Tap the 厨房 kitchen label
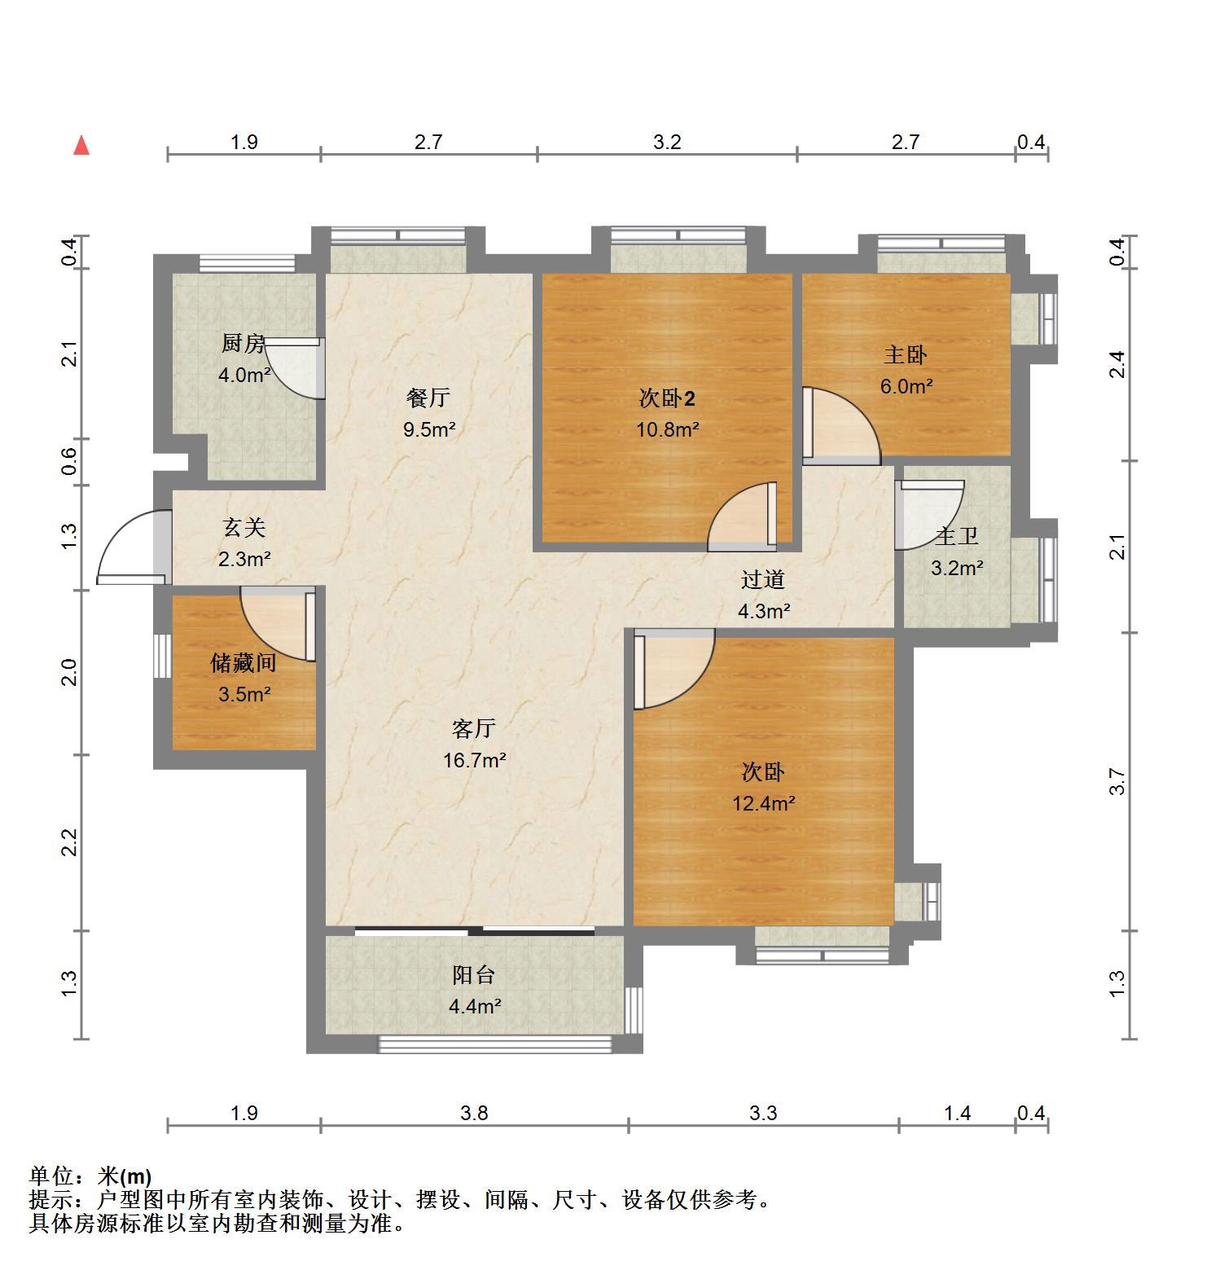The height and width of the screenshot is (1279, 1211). point(244,344)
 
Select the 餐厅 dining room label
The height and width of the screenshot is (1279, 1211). point(428,398)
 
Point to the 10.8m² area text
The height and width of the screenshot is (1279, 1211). point(668,429)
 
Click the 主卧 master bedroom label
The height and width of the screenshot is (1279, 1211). point(906,355)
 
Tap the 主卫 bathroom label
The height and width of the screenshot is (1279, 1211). point(956,537)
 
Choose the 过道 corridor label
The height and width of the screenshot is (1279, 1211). point(763,580)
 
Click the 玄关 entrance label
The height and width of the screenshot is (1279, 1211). point(244,528)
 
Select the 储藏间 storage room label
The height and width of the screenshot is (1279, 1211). point(244,663)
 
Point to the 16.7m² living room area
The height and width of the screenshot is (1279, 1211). point(475,761)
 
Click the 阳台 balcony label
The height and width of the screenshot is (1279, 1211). point(474,975)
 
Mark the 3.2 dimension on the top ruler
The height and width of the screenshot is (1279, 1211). point(667,143)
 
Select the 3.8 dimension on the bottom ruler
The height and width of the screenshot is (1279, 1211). point(474,1113)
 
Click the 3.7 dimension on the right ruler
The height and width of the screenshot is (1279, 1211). point(1118,781)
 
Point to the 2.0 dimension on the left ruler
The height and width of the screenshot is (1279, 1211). point(70,673)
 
